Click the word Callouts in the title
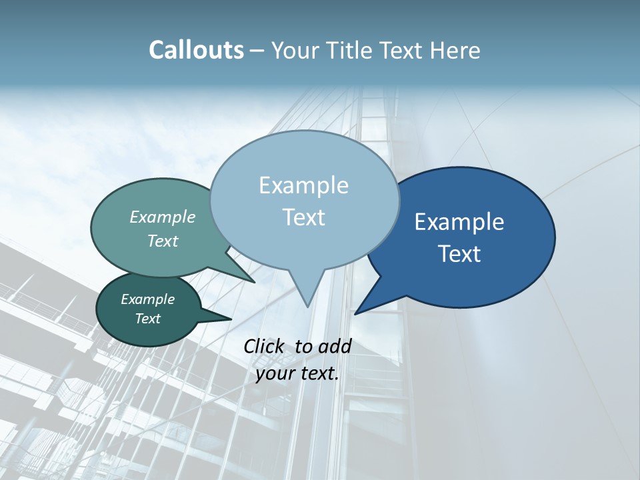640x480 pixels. pos(196,50)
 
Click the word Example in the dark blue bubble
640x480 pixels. pos(459,222)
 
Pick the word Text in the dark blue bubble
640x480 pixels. pos(459,254)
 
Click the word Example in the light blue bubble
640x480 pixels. pos(303,185)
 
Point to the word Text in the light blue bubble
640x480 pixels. pos(303,217)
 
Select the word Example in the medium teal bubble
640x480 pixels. pos(162,217)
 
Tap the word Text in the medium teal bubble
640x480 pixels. pos(162,241)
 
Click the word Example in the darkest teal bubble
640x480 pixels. pos(147,299)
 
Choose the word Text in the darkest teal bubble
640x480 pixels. pos(147,319)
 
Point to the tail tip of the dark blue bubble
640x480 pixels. pos(355,313)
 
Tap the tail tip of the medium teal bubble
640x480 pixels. pos(255,282)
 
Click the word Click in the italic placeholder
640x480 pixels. pos(265,346)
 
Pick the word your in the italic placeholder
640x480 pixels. pos(275,373)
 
